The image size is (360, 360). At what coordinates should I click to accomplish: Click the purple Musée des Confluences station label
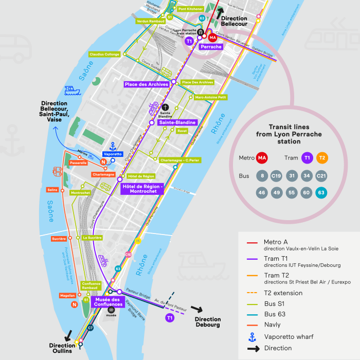click(107, 302)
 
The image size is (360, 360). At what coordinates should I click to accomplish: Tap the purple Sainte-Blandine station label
click(177, 123)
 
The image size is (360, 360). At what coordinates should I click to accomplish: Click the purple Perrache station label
click(211, 47)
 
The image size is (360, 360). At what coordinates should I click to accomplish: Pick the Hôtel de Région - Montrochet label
click(142, 188)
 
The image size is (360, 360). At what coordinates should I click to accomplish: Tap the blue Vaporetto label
click(113, 154)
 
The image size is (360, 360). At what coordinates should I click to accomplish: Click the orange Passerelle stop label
click(76, 163)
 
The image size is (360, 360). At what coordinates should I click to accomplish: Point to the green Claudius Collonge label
click(104, 54)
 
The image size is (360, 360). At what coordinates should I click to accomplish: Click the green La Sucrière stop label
click(92, 238)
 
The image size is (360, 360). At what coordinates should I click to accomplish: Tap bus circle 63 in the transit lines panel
click(321, 193)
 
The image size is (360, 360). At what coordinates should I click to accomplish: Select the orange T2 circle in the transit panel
click(322, 158)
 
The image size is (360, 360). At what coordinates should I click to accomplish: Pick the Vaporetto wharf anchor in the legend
click(252, 337)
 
